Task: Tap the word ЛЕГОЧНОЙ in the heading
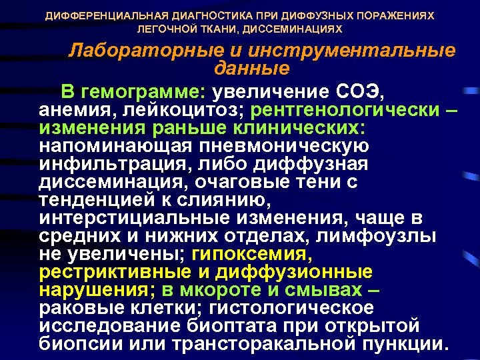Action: (163, 29)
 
